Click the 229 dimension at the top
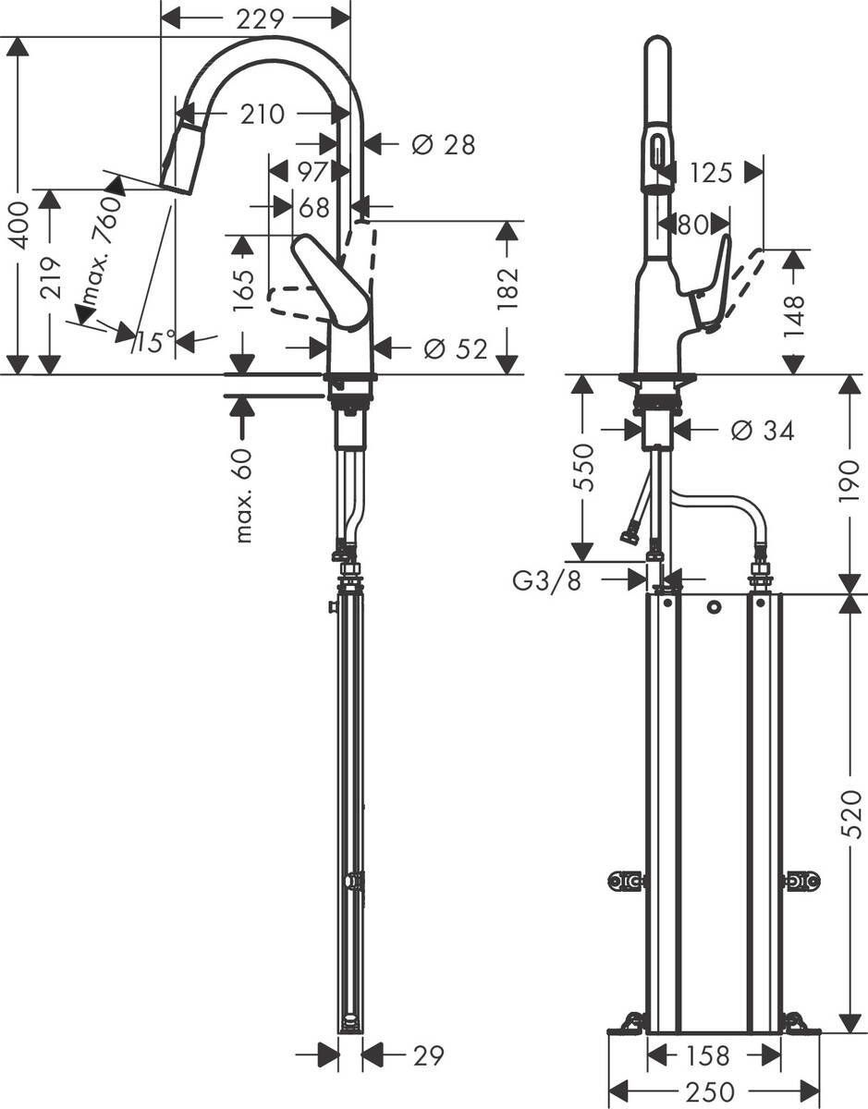[258, 18]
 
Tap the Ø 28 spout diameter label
[443, 144]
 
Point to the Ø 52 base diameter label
[455, 348]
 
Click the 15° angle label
[153, 343]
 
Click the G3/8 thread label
[546, 581]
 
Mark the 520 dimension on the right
[852, 813]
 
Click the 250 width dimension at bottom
[712, 1091]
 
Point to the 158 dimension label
[709, 1054]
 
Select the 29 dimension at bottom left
[428, 1054]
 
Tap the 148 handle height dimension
[794, 316]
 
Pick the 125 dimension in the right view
[710, 172]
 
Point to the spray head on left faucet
[183, 158]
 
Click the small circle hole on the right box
[713, 607]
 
